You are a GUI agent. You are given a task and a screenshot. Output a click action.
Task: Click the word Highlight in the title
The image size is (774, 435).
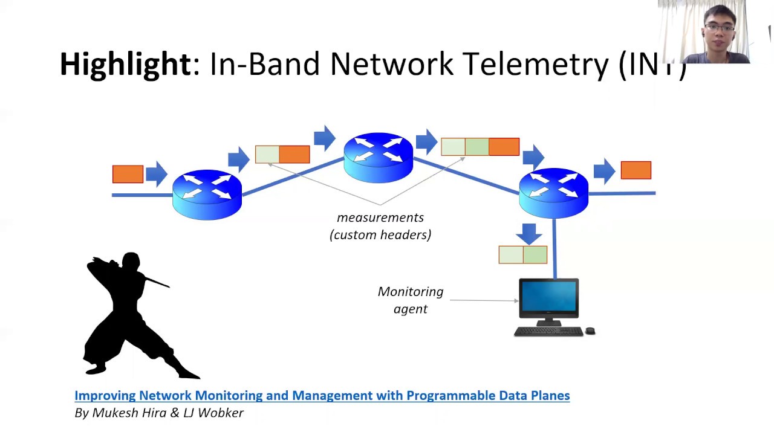click(125, 64)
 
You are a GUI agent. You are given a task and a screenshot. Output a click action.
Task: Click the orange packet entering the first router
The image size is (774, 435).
click(128, 174)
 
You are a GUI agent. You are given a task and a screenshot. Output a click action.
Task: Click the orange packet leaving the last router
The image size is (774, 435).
click(636, 170)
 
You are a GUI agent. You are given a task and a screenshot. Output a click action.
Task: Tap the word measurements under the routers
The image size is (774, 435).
click(380, 217)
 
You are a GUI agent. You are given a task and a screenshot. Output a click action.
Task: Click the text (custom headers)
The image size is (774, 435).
click(380, 235)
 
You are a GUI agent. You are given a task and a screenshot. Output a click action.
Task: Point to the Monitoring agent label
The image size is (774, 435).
click(411, 300)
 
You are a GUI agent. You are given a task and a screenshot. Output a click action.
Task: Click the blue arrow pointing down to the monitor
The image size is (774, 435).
click(529, 233)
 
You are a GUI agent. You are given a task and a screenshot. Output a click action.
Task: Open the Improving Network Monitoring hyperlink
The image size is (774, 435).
click(322, 396)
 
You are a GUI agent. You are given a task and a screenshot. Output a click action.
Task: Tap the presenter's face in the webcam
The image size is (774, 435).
click(719, 30)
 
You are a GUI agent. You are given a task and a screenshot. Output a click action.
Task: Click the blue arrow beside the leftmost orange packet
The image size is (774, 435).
click(156, 173)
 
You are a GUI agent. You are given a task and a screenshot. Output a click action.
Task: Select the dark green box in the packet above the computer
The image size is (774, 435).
click(535, 255)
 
